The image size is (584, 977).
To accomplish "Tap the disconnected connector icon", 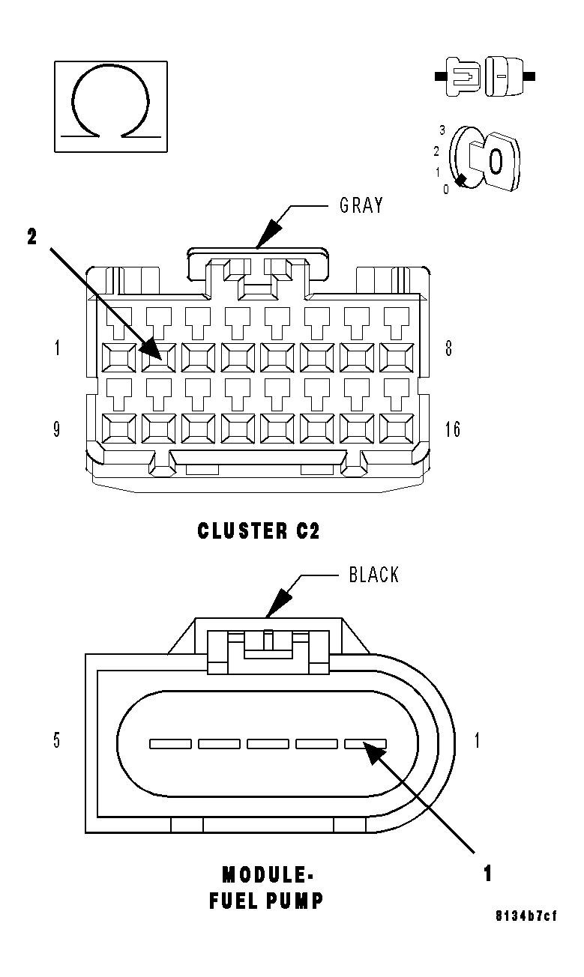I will pyautogui.click(x=485, y=76).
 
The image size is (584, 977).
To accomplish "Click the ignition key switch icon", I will pyautogui.click(x=484, y=158).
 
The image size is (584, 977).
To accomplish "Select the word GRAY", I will pyautogui.click(x=361, y=205).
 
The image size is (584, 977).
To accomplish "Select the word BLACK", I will pyautogui.click(x=374, y=575).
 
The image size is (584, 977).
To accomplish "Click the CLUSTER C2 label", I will pyautogui.click(x=259, y=531).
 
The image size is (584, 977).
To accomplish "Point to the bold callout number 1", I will pyautogui.click(x=487, y=874).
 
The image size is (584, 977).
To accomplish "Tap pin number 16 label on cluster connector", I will pyautogui.click(x=452, y=429).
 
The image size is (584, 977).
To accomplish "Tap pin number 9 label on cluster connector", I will pyautogui.click(x=57, y=429).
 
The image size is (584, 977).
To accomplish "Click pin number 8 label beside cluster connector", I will pyautogui.click(x=448, y=348).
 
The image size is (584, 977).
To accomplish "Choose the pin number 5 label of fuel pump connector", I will pyautogui.click(x=57, y=741).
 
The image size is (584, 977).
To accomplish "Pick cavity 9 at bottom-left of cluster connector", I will pyautogui.click(x=118, y=429).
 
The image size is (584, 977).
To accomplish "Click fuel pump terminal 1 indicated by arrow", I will pyautogui.click(x=365, y=744).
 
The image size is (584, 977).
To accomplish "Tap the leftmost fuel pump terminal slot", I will pyautogui.click(x=170, y=744).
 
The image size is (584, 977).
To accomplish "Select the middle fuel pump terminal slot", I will pyautogui.click(x=268, y=744).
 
